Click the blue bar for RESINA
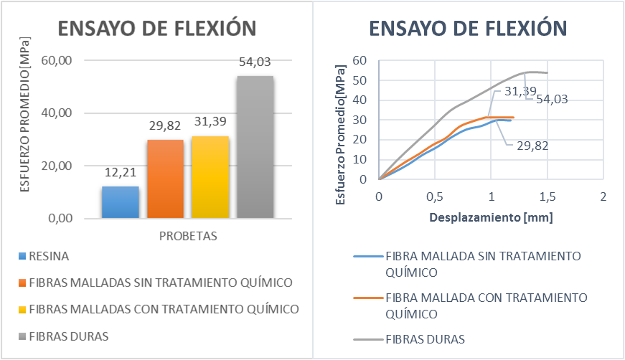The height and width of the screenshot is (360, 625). (120, 202)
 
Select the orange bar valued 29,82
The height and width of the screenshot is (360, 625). (165, 179)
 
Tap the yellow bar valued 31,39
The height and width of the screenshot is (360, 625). (210, 177)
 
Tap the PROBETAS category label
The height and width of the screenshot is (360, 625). (188, 235)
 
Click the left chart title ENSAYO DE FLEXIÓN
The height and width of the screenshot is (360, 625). (156, 28)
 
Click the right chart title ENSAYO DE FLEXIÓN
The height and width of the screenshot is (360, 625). (468, 28)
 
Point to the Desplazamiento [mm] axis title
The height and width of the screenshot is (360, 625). (491, 215)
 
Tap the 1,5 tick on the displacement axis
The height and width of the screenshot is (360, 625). (547, 196)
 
